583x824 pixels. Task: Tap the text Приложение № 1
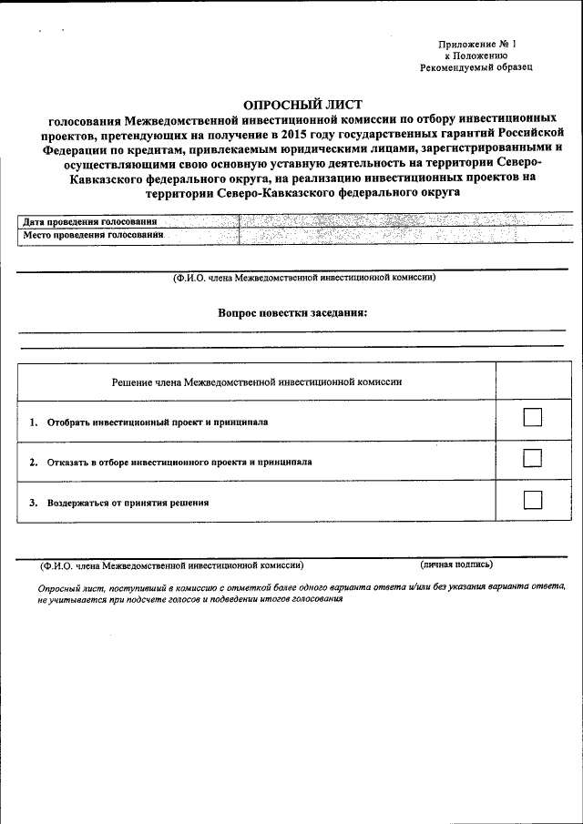pyautogui.click(x=476, y=44)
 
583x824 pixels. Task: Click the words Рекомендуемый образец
pyautogui.click(x=476, y=67)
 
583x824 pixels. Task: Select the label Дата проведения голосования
pyautogui.click(x=89, y=221)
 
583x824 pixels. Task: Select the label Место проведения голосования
pyautogui.click(x=93, y=235)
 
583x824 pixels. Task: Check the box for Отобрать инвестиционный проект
pyautogui.click(x=533, y=417)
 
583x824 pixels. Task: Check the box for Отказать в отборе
pyautogui.click(x=533, y=457)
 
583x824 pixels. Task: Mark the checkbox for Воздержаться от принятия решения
pyautogui.click(x=533, y=499)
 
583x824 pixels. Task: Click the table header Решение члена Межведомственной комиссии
pyautogui.click(x=256, y=382)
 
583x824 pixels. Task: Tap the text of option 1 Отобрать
pyautogui.click(x=157, y=422)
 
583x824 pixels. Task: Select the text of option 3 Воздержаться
pyautogui.click(x=128, y=502)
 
